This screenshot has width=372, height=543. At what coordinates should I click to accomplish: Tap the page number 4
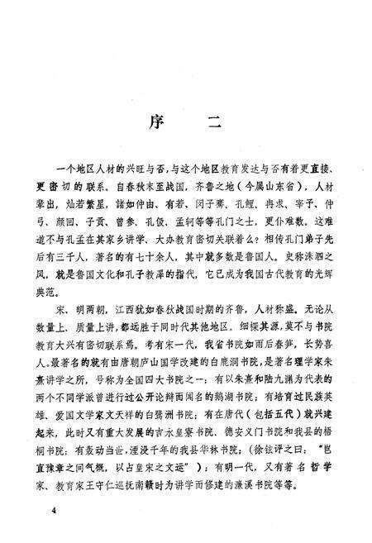click(x=53, y=512)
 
